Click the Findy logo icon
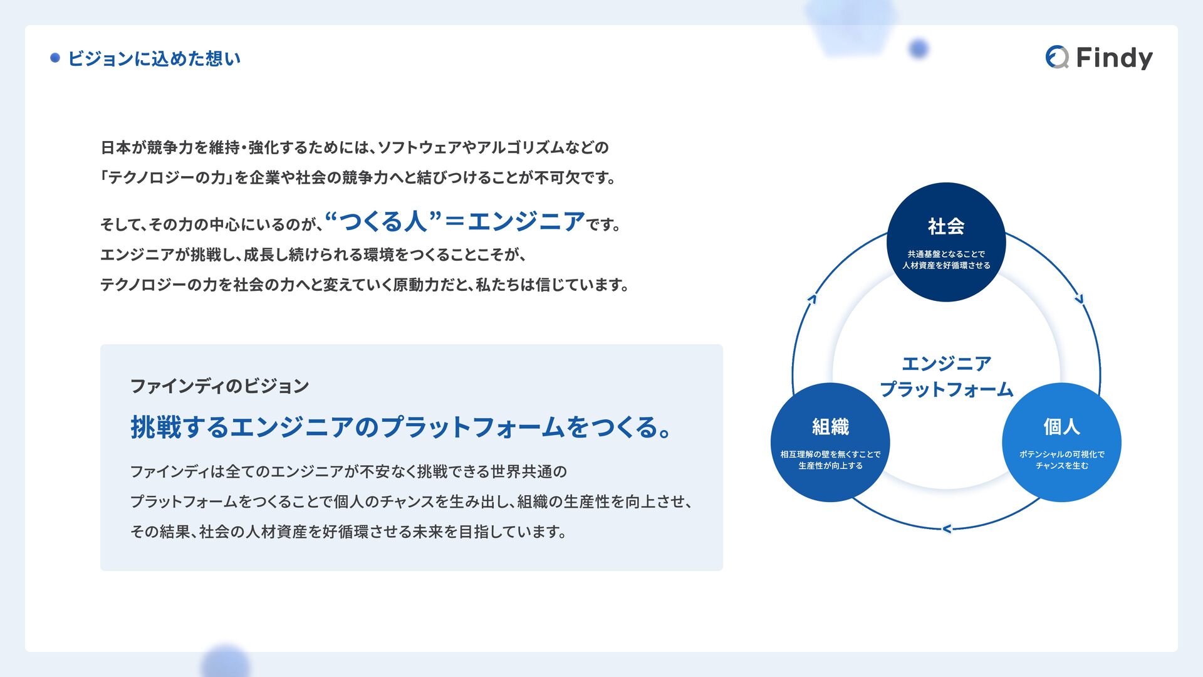pyautogui.click(x=1057, y=57)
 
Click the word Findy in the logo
pyautogui.click(x=1114, y=58)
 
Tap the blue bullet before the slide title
pyautogui.click(x=55, y=58)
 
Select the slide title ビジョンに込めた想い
pyautogui.click(x=154, y=59)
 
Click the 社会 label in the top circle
pyautogui.click(x=946, y=226)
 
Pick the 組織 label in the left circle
pyautogui.click(x=830, y=427)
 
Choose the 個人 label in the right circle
pyautogui.click(x=1061, y=427)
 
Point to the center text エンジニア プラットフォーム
pyautogui.click(x=946, y=376)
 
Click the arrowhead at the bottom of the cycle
pyautogui.click(x=947, y=529)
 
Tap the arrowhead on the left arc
pyautogui.click(x=812, y=299)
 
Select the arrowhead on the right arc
pyautogui.click(x=1080, y=299)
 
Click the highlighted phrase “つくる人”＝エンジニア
pyautogui.click(x=456, y=221)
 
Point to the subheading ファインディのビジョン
pyautogui.click(x=219, y=386)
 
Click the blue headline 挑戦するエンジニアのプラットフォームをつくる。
pyautogui.click(x=401, y=428)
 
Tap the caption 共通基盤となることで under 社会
pyautogui.click(x=946, y=254)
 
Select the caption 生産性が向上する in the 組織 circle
pyautogui.click(x=830, y=466)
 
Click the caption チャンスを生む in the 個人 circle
pyautogui.click(x=1061, y=466)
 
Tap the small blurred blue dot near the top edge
pyautogui.click(x=919, y=48)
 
